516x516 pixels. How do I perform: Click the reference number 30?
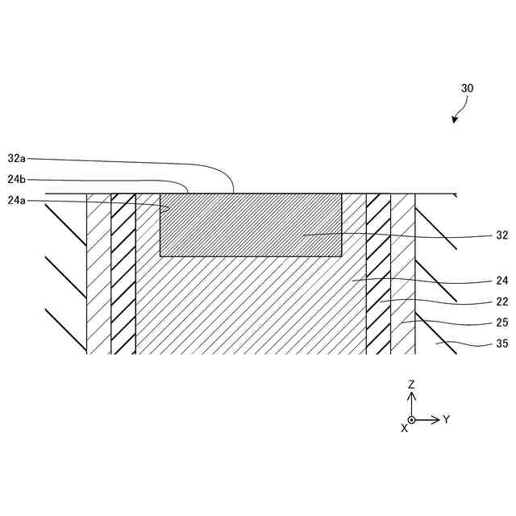467,88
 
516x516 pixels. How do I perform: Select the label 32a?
17,159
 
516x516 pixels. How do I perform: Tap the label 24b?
17,180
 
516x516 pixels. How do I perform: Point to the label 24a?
17,201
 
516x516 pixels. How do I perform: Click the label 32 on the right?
501,236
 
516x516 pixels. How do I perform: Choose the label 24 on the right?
501,281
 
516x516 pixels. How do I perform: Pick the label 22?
501,302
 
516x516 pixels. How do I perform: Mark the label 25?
501,322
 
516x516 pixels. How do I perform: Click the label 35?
501,343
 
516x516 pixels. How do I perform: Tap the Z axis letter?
411,385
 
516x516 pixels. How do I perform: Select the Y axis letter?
446,419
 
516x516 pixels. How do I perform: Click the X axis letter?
404,429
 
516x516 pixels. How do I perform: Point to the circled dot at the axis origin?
411,419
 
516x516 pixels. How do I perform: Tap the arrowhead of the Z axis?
411,396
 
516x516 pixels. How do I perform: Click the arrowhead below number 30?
455,120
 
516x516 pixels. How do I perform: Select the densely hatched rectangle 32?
251,225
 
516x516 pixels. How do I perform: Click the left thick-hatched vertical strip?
123,274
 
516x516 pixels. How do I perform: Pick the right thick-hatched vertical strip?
378,274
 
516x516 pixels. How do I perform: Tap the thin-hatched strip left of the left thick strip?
98,274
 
